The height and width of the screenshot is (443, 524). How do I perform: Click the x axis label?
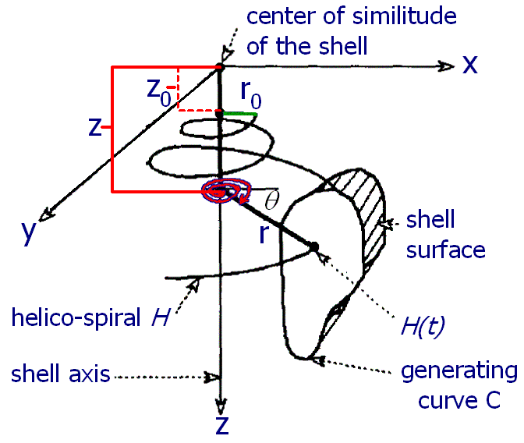(470, 64)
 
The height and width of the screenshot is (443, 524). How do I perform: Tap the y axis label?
(28, 232)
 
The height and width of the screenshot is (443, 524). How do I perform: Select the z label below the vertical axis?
(222, 425)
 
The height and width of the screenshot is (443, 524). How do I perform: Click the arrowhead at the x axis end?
(446, 66)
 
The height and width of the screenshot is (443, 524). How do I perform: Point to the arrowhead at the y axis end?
(46, 214)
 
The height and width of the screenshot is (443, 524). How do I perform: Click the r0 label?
(250, 94)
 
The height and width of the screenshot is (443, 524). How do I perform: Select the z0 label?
(159, 93)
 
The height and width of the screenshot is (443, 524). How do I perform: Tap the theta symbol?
(271, 200)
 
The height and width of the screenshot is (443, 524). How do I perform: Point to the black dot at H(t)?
(314, 247)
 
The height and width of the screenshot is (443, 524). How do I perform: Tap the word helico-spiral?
(76, 317)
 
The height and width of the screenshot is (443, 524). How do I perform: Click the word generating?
(459, 372)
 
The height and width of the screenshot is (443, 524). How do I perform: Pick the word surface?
(445, 250)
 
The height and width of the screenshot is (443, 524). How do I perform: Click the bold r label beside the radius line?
(264, 233)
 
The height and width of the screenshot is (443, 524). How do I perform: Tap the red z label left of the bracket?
(94, 127)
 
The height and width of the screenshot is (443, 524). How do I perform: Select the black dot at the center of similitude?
(220, 66)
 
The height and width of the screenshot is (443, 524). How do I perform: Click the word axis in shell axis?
(89, 374)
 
